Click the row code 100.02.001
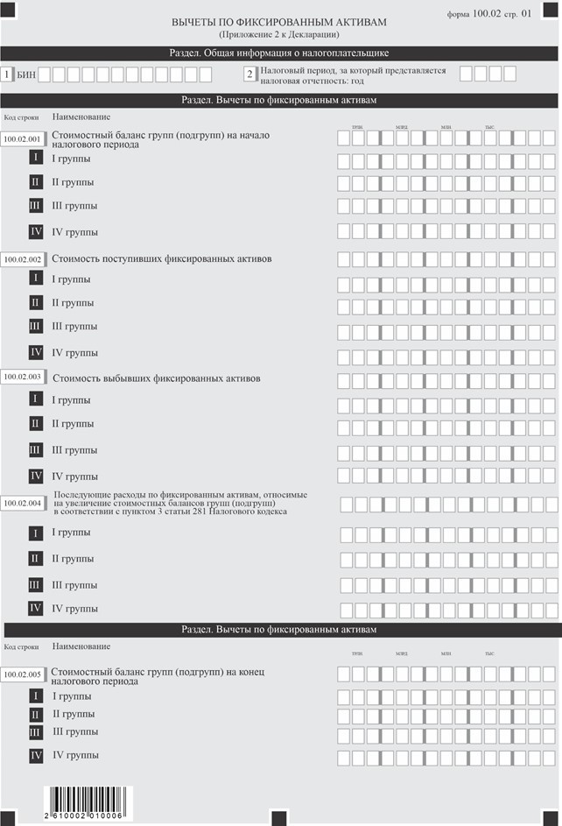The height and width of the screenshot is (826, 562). pos(23,139)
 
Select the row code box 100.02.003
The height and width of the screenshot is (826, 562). pos(23,377)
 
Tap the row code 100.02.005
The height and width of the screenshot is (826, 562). pos(23,674)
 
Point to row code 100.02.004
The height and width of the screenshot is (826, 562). pos(23,504)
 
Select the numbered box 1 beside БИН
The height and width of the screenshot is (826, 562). pos(8,75)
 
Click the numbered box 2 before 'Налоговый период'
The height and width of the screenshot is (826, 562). pos(249,75)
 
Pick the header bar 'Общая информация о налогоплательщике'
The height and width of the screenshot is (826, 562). pos(279,53)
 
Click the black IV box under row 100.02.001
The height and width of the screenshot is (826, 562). pos(36,232)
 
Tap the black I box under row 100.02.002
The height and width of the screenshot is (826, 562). pos(36,279)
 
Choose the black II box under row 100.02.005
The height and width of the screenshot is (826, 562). pos(36,715)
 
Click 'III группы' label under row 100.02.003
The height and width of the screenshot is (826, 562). pos(74,450)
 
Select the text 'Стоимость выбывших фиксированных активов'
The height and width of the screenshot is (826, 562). pos(158,378)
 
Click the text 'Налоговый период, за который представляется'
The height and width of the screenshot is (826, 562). pos(353,70)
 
